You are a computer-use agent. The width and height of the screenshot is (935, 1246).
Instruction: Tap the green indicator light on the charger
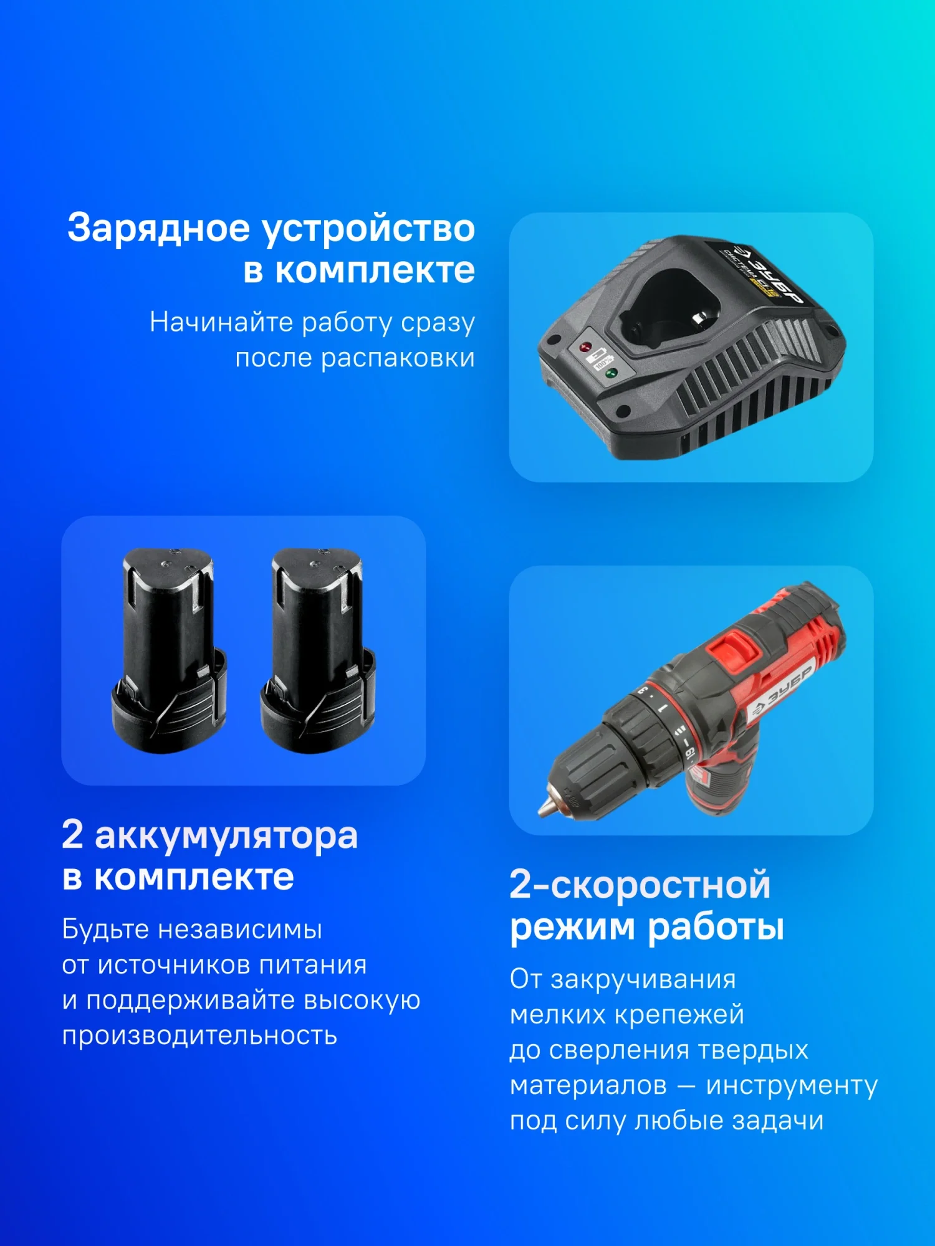coord(611,373)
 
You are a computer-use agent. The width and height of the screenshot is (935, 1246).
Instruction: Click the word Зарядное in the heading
coord(158,228)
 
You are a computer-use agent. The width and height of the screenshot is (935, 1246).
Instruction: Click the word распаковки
coord(398,359)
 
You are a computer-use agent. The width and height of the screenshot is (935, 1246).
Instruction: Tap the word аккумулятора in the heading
coord(226,836)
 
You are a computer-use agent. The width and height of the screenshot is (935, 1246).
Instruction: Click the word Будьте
coord(105,930)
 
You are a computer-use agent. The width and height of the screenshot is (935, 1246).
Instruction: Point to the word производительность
coord(199,1037)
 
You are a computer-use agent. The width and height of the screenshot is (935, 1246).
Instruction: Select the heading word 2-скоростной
coord(640,885)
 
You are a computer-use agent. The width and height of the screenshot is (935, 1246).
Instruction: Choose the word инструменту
coord(792,1086)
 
